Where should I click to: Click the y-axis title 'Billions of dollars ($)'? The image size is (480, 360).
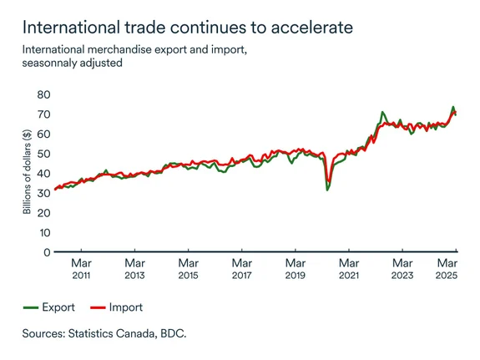27,172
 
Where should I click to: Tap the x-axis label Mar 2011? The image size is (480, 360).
81,268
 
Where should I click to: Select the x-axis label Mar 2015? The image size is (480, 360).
188,268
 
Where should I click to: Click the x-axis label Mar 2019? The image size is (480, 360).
295,268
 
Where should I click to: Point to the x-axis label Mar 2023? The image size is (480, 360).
402,268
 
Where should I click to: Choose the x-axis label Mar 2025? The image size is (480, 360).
448,268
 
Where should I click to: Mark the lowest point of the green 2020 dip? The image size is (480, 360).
327,190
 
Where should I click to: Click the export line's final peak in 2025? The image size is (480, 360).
453,107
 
